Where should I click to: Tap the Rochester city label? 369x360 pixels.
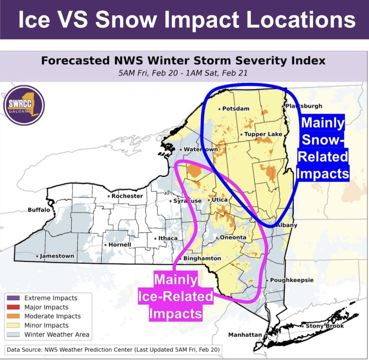click(x=127, y=196)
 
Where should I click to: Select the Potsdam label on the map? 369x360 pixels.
click(x=236, y=109)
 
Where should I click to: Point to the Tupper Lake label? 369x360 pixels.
click(x=263, y=134)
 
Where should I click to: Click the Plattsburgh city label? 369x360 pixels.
click(x=304, y=106)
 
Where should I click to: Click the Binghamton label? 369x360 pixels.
click(x=202, y=259)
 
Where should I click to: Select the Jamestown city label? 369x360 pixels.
click(x=57, y=256)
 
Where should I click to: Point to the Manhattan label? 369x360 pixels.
click(x=245, y=335)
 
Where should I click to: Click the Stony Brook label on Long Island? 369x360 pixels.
click(x=325, y=326)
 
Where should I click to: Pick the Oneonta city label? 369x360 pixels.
click(x=233, y=237)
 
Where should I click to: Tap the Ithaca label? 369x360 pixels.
click(x=168, y=238)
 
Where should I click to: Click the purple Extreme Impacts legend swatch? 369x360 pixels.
click(x=13, y=298)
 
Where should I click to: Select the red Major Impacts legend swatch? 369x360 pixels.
click(x=13, y=307)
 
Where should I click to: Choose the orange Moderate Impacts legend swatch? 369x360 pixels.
click(x=13, y=316)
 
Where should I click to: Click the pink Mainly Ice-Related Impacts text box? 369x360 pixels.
click(x=176, y=297)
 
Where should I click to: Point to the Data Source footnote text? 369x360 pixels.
click(x=113, y=349)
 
